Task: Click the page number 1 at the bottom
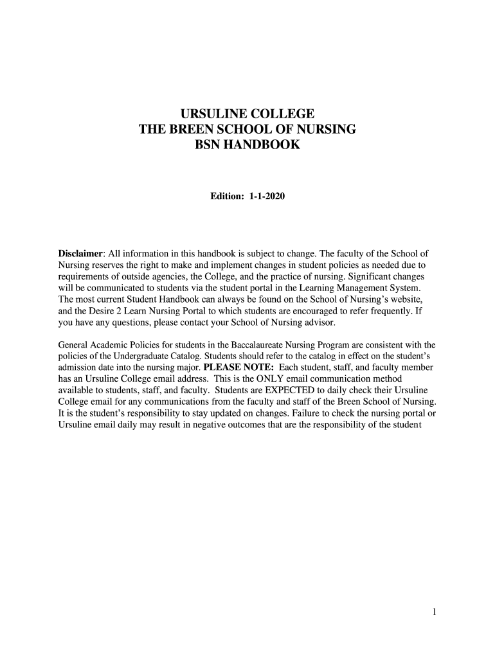pos(435,612)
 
